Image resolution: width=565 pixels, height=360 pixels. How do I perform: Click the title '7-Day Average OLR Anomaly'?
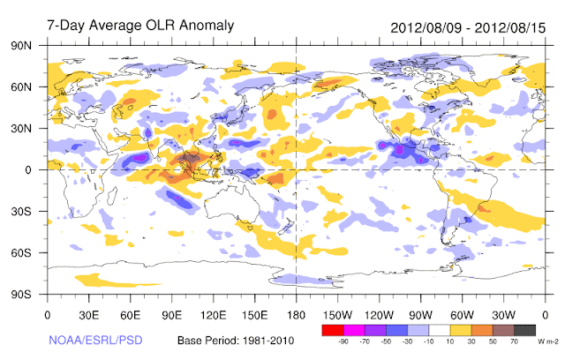140,26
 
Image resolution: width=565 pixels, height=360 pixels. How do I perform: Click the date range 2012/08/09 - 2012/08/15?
468,27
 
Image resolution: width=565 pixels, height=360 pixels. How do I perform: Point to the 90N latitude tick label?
21,46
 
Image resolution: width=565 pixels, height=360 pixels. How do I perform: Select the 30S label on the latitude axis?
21,211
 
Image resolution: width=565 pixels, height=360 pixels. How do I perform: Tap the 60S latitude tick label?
21,252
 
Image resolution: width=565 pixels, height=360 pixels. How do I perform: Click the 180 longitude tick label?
296,315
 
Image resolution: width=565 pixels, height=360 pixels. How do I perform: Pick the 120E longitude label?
214,315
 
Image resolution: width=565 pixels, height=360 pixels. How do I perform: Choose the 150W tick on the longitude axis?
337,315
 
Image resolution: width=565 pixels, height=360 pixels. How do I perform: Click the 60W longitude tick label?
462,315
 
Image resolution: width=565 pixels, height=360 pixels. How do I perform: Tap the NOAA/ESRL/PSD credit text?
95,341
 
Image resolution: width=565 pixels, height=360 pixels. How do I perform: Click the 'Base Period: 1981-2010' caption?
236,341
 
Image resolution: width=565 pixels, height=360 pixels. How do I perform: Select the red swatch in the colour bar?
333,330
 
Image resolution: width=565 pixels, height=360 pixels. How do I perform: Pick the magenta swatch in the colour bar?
354,330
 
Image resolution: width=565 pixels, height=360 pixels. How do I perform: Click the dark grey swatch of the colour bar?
524,330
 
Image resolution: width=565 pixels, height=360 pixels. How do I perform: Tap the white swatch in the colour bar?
440,330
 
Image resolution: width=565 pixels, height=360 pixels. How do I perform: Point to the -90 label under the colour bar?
343,341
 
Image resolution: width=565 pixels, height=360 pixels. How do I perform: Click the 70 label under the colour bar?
514,341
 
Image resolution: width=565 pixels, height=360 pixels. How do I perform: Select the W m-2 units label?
548,341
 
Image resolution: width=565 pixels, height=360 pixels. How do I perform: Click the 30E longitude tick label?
88,315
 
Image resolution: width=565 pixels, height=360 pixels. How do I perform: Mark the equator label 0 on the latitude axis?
28,170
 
